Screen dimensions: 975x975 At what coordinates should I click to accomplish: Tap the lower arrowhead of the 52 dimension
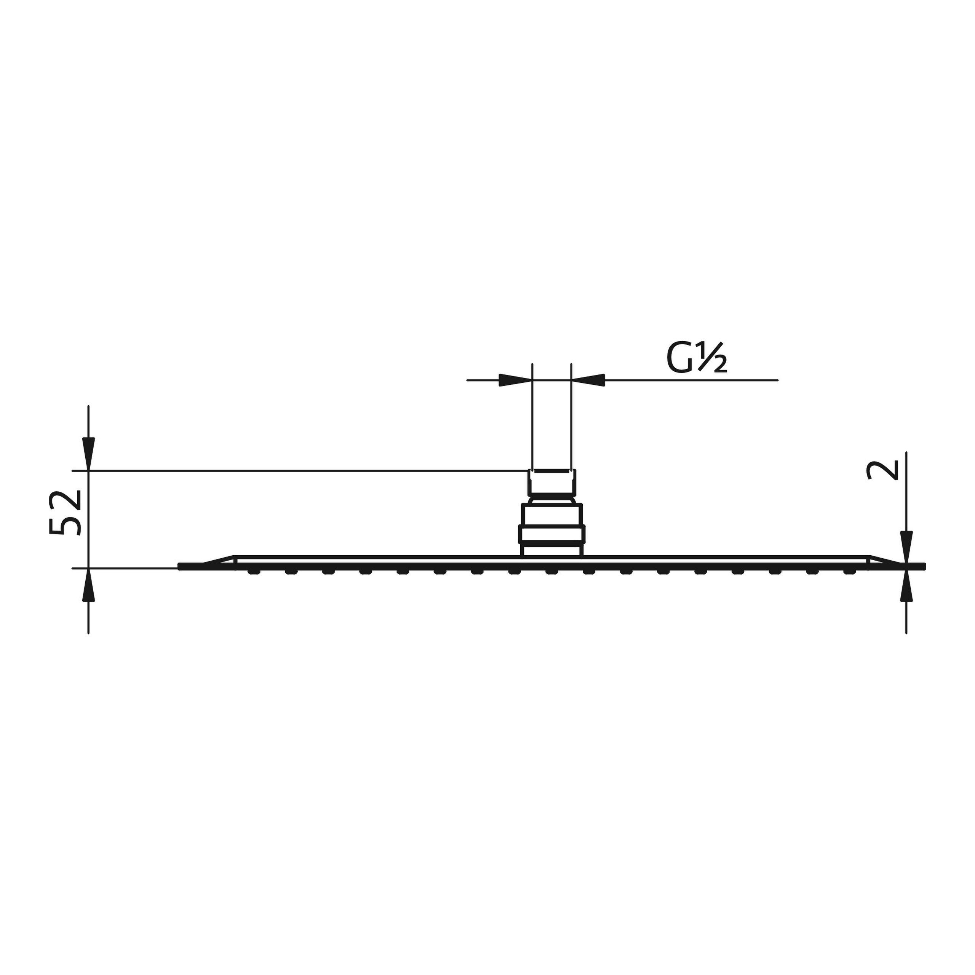click(x=88, y=586)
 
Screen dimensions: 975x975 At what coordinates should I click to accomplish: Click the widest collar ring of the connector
click(x=551, y=534)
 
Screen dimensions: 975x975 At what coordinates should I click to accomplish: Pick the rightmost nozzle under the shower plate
click(x=849, y=571)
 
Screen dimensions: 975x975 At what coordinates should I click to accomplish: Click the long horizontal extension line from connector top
click(x=303, y=471)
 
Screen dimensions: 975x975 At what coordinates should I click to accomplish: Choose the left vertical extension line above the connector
click(x=532, y=419)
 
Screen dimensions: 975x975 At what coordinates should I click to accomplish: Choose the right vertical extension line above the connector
click(x=571, y=419)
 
